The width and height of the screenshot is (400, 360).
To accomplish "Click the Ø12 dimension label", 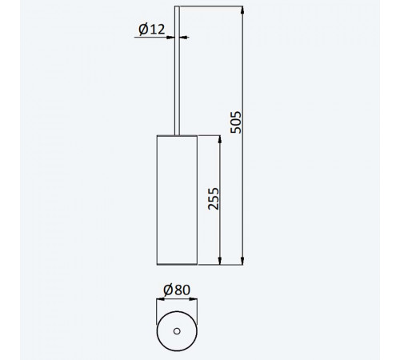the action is [152, 29].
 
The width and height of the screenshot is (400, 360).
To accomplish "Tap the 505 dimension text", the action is [236, 122].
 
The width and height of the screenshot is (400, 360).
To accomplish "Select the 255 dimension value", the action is [214, 199].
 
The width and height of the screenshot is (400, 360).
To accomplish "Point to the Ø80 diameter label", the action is [177, 290].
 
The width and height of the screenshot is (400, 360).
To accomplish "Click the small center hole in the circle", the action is [177, 331].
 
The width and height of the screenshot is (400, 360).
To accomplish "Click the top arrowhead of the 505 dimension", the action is [242, 10].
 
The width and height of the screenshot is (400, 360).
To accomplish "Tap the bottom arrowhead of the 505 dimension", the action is [242, 261].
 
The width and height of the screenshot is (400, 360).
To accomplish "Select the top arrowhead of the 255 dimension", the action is [220, 139].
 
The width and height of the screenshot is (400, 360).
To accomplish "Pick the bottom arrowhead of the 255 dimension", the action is [220, 261].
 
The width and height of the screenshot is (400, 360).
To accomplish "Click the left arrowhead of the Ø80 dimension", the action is [161, 299].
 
